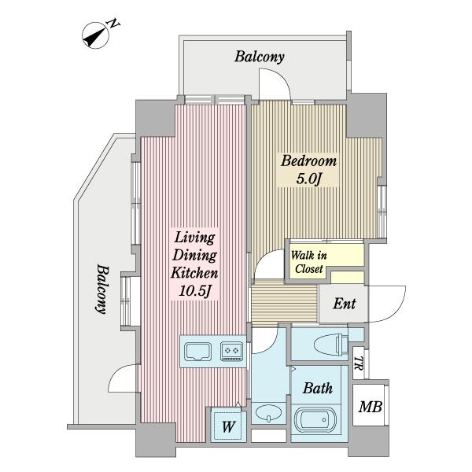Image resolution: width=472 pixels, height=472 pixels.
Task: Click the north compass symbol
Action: coord(95,35)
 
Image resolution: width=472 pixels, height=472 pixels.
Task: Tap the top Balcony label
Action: coord(260,57)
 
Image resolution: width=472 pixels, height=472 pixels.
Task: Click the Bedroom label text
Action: coord(308,161)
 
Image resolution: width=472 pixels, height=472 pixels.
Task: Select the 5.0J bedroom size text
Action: coord(309,179)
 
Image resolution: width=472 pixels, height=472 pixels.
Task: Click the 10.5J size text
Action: coord(194,291)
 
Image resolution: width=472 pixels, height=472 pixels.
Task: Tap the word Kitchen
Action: coord(194,273)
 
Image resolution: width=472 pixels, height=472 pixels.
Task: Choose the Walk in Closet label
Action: coord(309,262)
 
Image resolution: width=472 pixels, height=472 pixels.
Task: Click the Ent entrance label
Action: coord(345,304)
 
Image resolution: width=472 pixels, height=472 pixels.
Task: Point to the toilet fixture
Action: coord(331,344)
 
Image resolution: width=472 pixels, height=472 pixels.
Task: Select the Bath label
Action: coord(318,389)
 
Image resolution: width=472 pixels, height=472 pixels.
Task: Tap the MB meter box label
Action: coord(371,407)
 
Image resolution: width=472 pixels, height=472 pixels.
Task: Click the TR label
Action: coord(358,363)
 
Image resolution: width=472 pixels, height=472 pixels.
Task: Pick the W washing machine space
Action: coord(228,426)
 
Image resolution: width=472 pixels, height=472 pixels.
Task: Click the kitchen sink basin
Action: coord(197,352)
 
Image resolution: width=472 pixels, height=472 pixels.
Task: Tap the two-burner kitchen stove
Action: coord(231,352)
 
